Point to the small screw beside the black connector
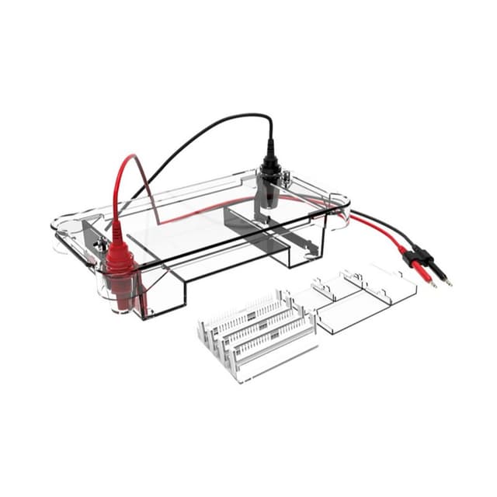287,181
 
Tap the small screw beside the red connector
100,247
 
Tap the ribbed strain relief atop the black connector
270,148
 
